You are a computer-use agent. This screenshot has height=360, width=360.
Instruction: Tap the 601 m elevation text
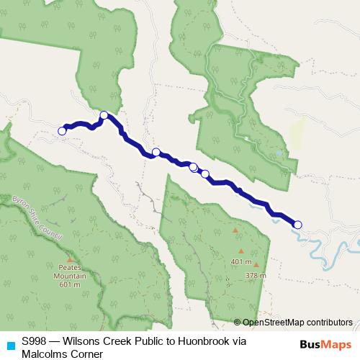click(x=69, y=284)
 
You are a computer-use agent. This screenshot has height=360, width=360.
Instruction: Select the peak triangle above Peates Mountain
click(x=69, y=259)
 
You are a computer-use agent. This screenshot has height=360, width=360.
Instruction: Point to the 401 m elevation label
click(x=242, y=261)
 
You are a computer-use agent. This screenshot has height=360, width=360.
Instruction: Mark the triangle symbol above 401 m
click(x=235, y=230)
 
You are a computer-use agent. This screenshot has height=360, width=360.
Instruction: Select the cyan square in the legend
click(x=10, y=345)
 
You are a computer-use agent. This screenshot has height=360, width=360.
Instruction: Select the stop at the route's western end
click(x=62, y=130)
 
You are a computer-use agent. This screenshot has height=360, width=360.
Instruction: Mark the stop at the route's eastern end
click(x=297, y=225)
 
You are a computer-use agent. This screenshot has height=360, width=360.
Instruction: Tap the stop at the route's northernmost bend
click(x=104, y=115)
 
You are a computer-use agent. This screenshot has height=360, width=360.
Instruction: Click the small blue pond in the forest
click(x=279, y=153)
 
